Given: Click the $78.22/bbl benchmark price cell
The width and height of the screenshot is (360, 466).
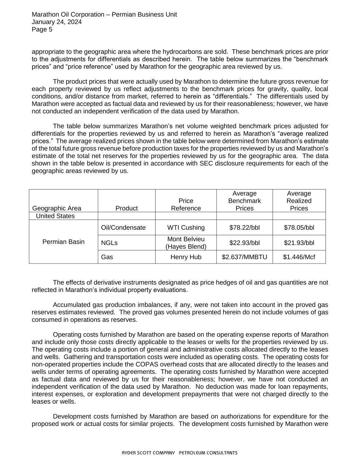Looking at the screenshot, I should [244, 228].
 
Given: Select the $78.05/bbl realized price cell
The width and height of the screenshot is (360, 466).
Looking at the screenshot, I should [299, 228].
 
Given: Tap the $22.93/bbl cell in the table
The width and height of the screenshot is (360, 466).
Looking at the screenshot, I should [244, 243].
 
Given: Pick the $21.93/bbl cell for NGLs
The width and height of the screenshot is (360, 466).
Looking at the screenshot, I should [299, 243].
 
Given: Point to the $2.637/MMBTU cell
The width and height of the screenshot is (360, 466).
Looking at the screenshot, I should [244, 257].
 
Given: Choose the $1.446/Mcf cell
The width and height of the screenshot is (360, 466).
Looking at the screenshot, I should [299, 257].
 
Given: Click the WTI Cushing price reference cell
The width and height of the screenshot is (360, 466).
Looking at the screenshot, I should [186, 228].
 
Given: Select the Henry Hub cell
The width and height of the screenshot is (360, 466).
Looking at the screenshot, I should [186, 257].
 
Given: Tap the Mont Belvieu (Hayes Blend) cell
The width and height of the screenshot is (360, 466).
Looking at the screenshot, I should [186, 243].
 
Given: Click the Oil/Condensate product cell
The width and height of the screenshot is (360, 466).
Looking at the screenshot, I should [124, 228].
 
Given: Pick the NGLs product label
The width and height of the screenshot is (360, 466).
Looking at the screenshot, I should [109, 243].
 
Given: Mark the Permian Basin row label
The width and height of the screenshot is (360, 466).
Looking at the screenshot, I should [63, 242].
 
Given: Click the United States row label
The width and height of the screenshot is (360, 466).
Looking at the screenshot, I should [55, 216].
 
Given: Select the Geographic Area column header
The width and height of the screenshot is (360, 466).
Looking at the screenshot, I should [57, 208].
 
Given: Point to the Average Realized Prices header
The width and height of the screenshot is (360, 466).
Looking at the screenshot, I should [299, 201].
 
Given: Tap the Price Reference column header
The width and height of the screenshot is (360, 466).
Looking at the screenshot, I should [186, 204].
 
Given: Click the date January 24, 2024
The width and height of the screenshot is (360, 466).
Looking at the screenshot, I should [57, 22].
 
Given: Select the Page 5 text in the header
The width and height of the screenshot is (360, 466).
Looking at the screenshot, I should [42, 29].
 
